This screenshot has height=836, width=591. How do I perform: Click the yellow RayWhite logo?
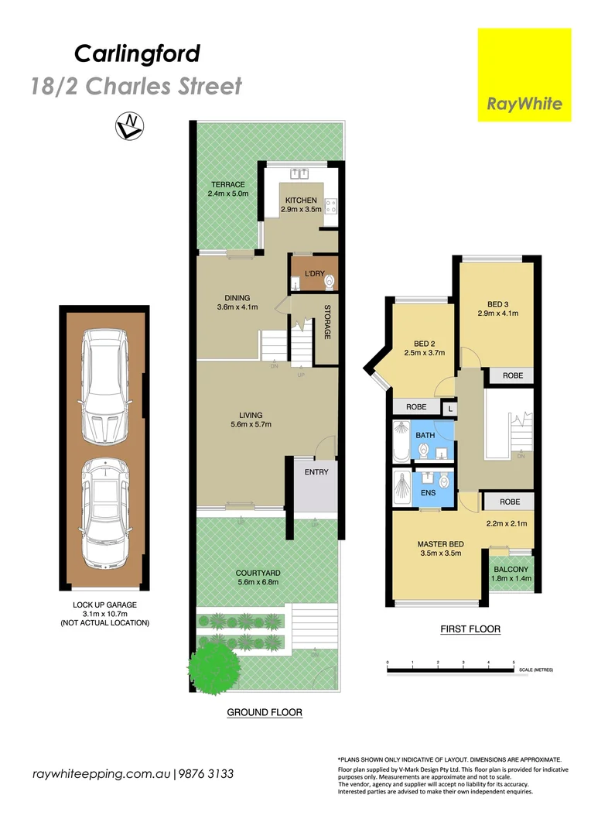pos(524,75)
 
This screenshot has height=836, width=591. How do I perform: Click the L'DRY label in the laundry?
pos(313,273)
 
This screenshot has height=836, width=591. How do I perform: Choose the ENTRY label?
pos(316,472)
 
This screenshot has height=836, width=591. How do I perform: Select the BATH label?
pos(425,436)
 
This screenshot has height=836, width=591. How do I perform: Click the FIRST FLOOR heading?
pos(470,629)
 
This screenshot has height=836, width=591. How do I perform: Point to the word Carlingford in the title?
pos(137,53)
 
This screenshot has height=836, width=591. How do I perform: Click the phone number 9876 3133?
pos(207,773)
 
